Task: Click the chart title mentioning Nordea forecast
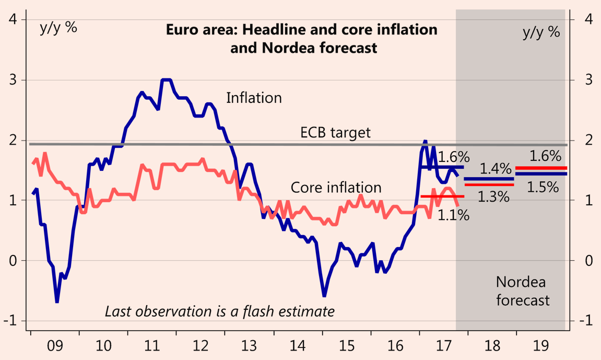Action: (x=301, y=39)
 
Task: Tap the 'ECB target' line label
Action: (x=335, y=132)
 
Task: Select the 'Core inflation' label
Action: (x=336, y=187)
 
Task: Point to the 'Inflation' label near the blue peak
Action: (x=254, y=98)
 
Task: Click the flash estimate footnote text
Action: (x=219, y=312)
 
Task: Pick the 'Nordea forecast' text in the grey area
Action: (x=522, y=292)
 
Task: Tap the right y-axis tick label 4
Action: (x=588, y=20)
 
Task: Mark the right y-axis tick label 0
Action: (x=588, y=261)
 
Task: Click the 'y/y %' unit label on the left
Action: (x=58, y=28)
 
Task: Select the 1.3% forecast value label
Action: (x=493, y=197)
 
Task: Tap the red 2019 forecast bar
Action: (x=541, y=168)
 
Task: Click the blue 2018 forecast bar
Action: (x=489, y=179)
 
